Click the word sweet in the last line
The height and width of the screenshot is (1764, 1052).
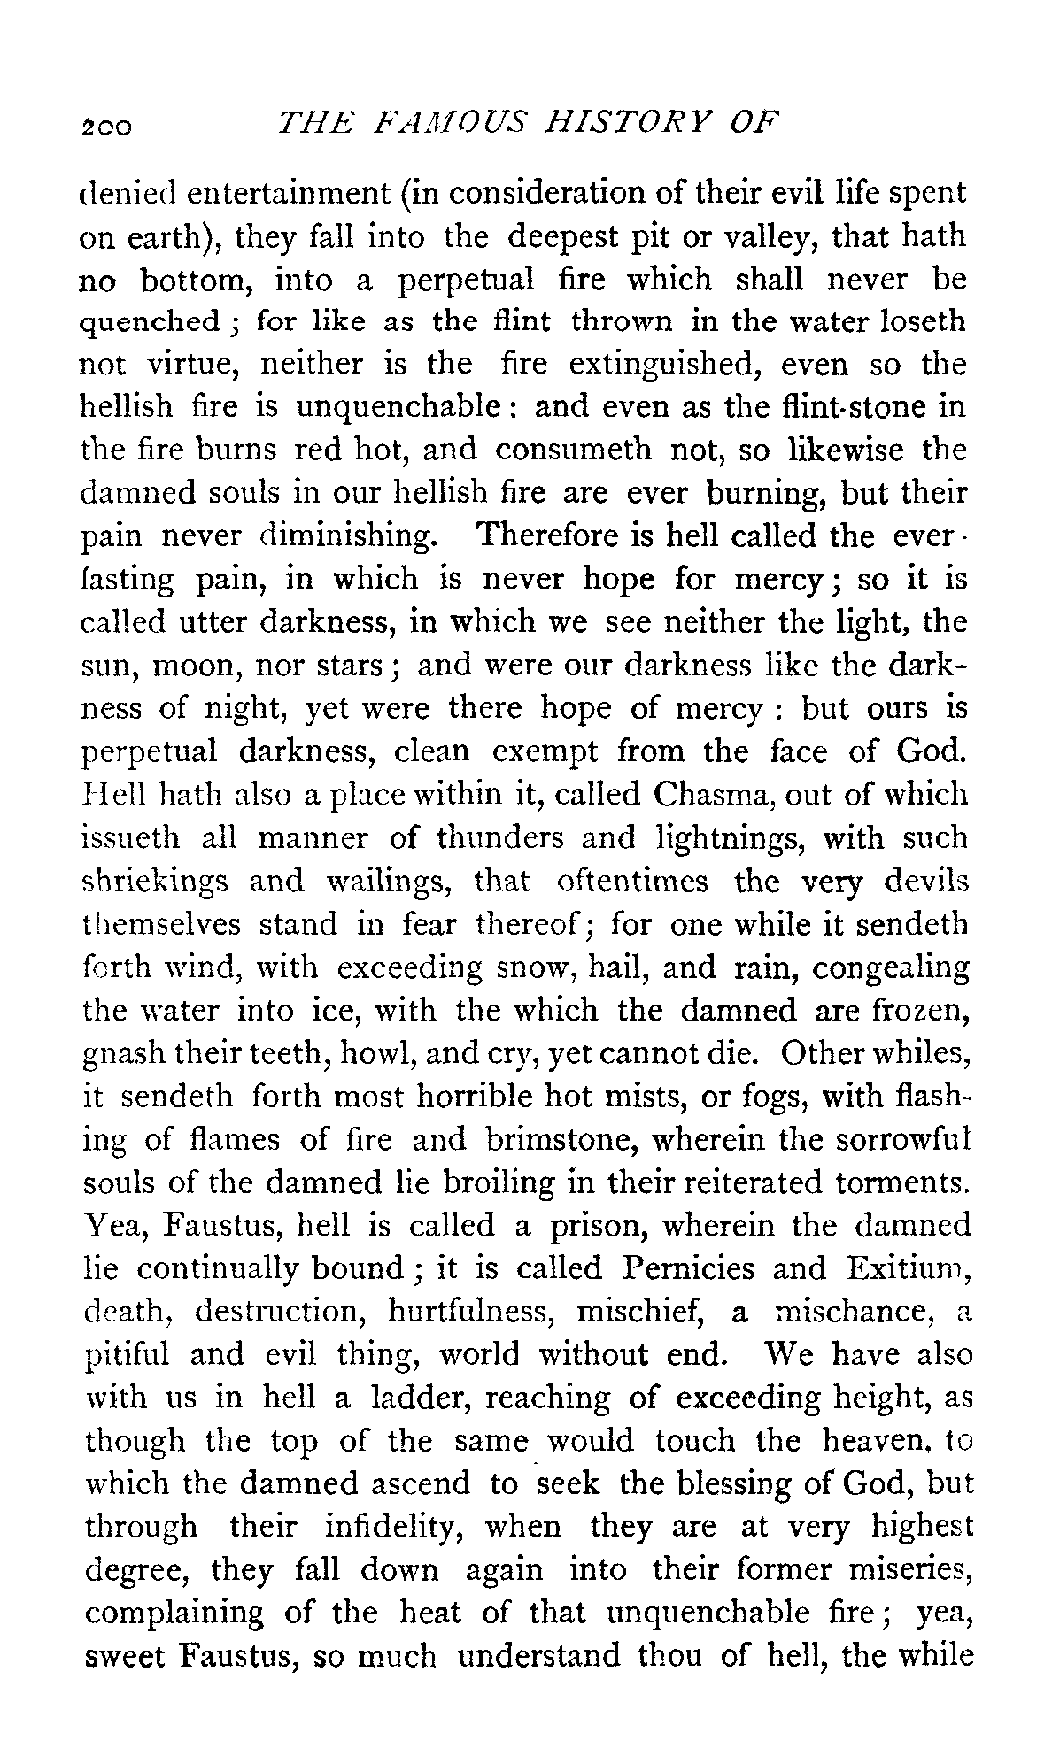point(123,1655)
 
